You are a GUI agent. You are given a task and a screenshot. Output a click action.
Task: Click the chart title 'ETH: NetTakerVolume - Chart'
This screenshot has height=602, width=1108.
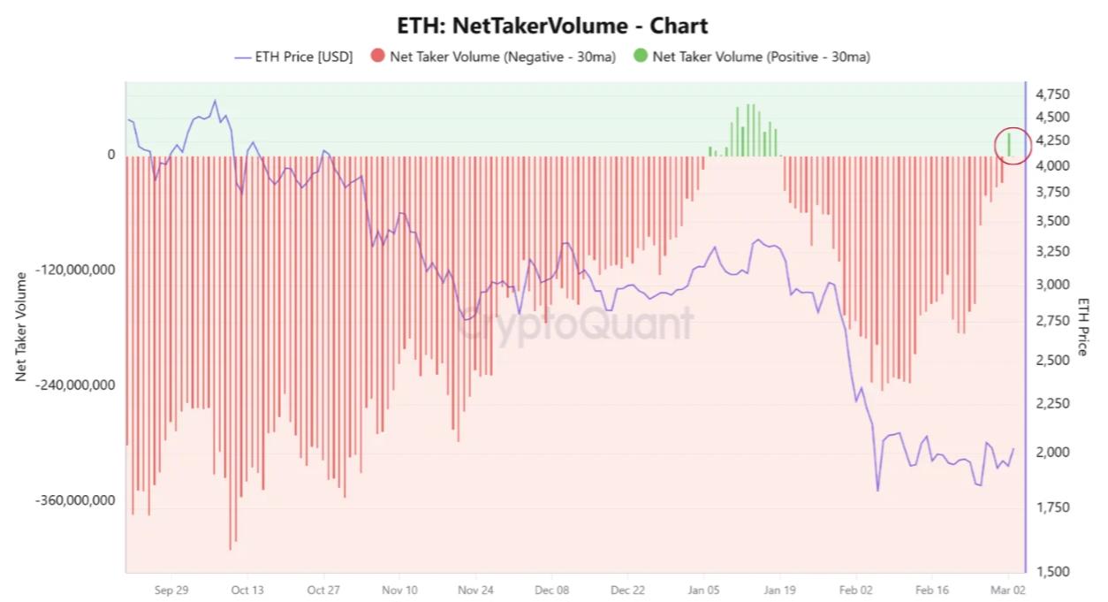[x=553, y=26]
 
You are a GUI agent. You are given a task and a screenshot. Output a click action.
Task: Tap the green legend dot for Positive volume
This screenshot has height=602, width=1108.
[x=640, y=57]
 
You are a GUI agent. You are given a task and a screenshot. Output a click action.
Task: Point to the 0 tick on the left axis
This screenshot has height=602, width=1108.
[x=111, y=155]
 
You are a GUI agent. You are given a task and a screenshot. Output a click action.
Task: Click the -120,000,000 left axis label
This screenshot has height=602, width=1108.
[x=78, y=270]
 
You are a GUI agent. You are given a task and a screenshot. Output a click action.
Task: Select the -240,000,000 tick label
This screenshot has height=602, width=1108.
[x=78, y=385]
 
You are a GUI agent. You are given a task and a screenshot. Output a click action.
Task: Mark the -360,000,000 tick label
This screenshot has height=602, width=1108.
[x=78, y=500]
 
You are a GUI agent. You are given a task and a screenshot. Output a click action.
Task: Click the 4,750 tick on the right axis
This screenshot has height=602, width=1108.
[x=1052, y=95]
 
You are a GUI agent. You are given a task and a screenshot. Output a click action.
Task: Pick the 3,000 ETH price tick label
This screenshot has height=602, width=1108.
[x=1052, y=285]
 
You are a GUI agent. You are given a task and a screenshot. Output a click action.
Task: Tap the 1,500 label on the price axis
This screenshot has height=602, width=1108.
[x=1052, y=572]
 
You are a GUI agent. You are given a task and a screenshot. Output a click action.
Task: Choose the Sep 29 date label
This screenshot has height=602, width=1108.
[x=171, y=590]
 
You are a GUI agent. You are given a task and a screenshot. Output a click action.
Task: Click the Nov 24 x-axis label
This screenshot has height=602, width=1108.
[x=475, y=590]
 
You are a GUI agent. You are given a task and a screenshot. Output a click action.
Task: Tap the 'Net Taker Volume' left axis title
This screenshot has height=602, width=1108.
[x=21, y=327]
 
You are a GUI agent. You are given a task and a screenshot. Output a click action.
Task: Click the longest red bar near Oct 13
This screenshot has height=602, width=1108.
[x=231, y=354]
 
